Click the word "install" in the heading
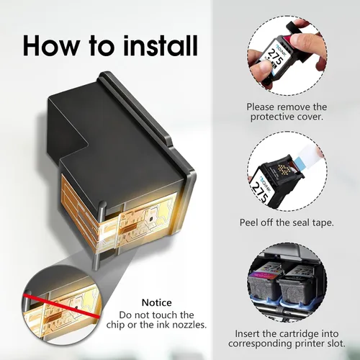[x=161, y=45]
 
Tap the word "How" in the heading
[x=51, y=45]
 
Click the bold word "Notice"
[x=157, y=302]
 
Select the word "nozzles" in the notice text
[x=188, y=325]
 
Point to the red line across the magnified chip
[x=61, y=305]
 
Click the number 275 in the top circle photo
[x=274, y=58]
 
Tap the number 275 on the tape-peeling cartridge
[x=260, y=193]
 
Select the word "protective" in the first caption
[x=272, y=117]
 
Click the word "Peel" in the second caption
[x=248, y=222]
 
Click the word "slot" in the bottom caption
[x=335, y=343]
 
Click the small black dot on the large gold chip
[x=151, y=219]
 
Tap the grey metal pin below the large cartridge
[x=96, y=258]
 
